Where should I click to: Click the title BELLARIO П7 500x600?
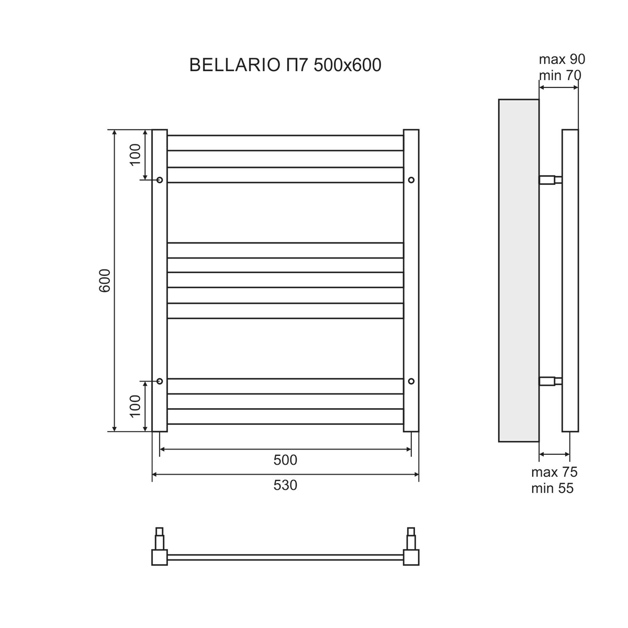tap(285, 65)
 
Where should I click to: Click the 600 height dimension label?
tap(105, 281)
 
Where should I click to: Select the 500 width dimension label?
tap(285, 460)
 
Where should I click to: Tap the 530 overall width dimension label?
tap(285, 486)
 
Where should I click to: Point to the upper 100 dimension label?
tap(135, 154)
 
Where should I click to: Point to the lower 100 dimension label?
tap(135, 406)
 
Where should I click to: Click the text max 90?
tap(562, 59)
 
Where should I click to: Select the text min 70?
tap(560, 75)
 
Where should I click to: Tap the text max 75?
tap(554, 472)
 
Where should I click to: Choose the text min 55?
tap(552, 489)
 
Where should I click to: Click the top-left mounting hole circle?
tap(160, 180)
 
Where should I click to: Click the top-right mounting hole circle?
tap(411, 180)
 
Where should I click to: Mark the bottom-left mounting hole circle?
tap(160, 380)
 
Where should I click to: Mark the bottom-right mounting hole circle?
tap(411, 380)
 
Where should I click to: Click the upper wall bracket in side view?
tap(551, 180)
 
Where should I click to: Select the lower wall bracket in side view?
tap(551, 380)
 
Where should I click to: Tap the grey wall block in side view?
tap(518, 270)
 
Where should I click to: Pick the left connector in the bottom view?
tap(159, 549)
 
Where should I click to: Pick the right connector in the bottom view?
tap(411, 549)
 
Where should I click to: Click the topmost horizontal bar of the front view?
tap(285, 136)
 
